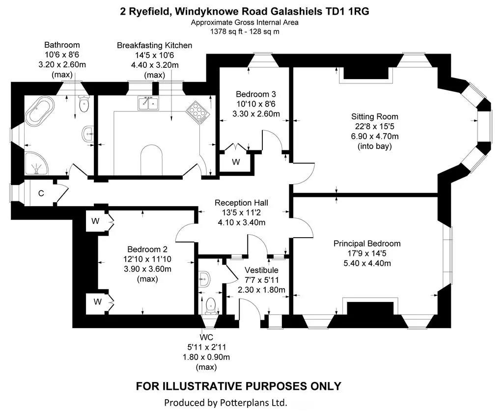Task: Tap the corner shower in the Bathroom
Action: [36, 163]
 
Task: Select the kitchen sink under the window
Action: [148, 103]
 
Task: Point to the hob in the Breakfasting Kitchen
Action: [197, 112]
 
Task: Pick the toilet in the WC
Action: [211, 305]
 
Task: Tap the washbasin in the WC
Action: [204, 279]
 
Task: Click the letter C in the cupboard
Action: [41, 193]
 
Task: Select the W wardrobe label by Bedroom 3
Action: [236, 162]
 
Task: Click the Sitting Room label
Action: [374, 116]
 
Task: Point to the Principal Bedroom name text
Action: [367, 244]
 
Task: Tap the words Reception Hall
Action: [241, 203]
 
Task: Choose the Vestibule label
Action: [261, 270]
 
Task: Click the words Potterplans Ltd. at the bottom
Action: [253, 402]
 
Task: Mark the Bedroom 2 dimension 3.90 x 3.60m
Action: [147, 269]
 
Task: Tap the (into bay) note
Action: [374, 146]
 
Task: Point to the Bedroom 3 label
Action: [255, 94]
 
